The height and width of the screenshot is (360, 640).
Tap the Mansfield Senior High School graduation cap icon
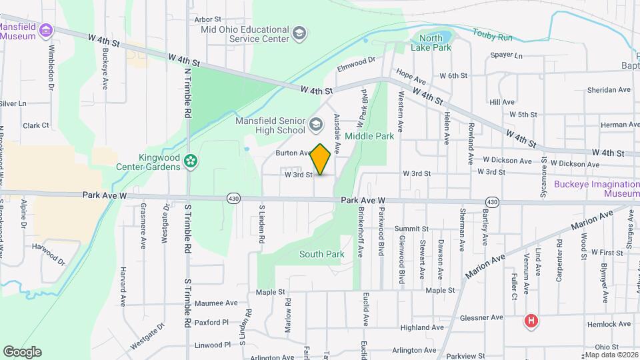click(316, 122)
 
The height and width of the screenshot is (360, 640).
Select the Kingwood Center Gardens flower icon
click(191, 161)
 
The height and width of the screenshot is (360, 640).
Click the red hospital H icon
click(531, 321)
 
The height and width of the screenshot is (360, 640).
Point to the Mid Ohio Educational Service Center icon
click(299, 33)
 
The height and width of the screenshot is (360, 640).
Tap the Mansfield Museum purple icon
click(45, 31)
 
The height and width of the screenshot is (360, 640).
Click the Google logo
click(22, 352)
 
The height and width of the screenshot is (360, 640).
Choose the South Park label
click(321, 254)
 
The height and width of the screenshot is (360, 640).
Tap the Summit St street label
click(411, 229)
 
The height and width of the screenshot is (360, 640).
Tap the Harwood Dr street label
click(51, 253)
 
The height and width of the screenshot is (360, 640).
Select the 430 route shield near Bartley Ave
click(492, 201)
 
